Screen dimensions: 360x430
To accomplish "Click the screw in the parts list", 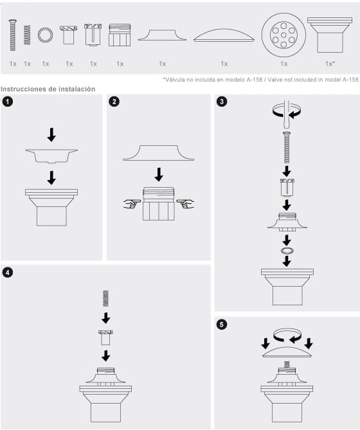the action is pyautogui.click(x=13, y=35).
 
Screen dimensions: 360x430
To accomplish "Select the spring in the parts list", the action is pyautogui.click(x=27, y=35).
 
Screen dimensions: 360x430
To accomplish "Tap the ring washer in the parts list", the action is pyautogui.click(x=45, y=35).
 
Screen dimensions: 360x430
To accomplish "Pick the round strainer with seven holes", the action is pyautogui.click(x=283, y=35).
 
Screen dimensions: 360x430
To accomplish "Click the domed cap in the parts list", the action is pyautogui.click(x=224, y=35).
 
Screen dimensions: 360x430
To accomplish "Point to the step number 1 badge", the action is pyautogui.click(x=8, y=102).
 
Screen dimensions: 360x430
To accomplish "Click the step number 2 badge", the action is pyautogui.click(x=114, y=102).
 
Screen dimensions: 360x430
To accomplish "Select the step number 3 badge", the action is pyautogui.click(x=222, y=102).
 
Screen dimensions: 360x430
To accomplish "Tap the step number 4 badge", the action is pyautogui.click(x=8, y=273).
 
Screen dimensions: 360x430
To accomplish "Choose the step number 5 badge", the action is pyautogui.click(x=222, y=325).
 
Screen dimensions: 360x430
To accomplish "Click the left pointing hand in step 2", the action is pyautogui.click(x=132, y=204).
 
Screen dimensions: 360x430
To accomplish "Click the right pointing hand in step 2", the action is pyautogui.click(x=185, y=204).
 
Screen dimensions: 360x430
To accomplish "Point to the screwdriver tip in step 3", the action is pyautogui.click(x=287, y=126).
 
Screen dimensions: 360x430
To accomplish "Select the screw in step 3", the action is pyautogui.click(x=287, y=147).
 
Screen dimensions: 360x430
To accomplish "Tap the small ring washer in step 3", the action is pyautogui.click(x=287, y=251).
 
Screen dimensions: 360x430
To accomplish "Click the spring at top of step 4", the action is pyautogui.click(x=105, y=298).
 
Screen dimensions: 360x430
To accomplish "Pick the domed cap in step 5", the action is pyautogui.click(x=287, y=352).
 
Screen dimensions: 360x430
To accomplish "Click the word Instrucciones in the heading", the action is pyautogui.click(x=23, y=89).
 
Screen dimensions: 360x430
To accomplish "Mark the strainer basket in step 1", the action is pyautogui.click(x=51, y=156).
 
